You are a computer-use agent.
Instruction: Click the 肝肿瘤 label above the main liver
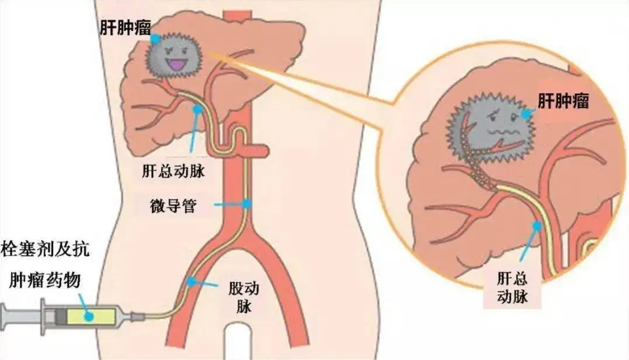[x=125, y=28]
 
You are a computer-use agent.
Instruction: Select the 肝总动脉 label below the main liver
[x=173, y=171]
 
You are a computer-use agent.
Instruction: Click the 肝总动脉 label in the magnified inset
[x=512, y=287]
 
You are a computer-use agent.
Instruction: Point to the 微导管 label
[x=173, y=205]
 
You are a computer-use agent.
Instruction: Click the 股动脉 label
[x=244, y=297]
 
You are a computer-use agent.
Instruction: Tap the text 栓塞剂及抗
[x=45, y=249]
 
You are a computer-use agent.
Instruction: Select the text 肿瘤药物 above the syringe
[x=45, y=280]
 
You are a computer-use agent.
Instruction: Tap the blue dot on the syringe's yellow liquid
[x=89, y=316]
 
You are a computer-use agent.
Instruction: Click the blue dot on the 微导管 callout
[x=247, y=204]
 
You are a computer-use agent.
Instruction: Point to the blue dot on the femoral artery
[x=192, y=282]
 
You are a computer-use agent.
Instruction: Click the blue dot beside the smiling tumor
[x=156, y=39]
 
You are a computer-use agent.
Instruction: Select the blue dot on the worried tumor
[x=526, y=114]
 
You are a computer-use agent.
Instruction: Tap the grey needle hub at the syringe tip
[x=136, y=317]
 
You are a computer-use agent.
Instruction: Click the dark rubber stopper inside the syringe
[x=60, y=316]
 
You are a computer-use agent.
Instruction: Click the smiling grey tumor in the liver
[x=174, y=59]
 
